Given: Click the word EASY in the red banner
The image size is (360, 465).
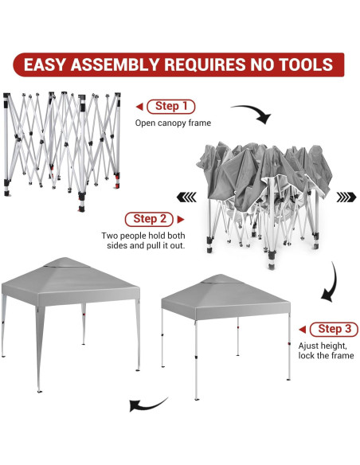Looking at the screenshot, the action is (x=44, y=64).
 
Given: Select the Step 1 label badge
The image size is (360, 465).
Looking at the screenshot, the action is (x=171, y=107).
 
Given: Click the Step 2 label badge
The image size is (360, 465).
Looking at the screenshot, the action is (x=149, y=219).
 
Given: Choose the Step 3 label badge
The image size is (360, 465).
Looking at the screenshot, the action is (x=334, y=329).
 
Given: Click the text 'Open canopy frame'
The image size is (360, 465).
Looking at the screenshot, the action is (x=173, y=123).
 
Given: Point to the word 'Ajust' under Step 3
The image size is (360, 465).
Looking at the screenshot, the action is (x=308, y=346).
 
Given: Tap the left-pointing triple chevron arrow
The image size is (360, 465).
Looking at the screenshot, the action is (x=186, y=197).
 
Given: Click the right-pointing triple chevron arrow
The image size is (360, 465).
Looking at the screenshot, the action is (x=346, y=197).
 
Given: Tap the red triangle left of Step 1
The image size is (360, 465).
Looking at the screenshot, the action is (x=139, y=107).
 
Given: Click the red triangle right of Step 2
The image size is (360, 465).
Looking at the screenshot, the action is (x=181, y=220).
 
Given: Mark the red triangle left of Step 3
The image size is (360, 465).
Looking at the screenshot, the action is (x=303, y=330).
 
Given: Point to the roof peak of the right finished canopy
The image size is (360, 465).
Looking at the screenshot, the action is (x=220, y=275).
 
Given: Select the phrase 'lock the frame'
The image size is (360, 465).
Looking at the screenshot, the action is (x=327, y=356).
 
